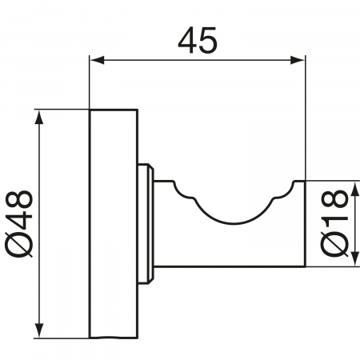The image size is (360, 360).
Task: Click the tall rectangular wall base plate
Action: pos(103,223)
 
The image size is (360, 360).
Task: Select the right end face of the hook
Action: pos(305,223)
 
